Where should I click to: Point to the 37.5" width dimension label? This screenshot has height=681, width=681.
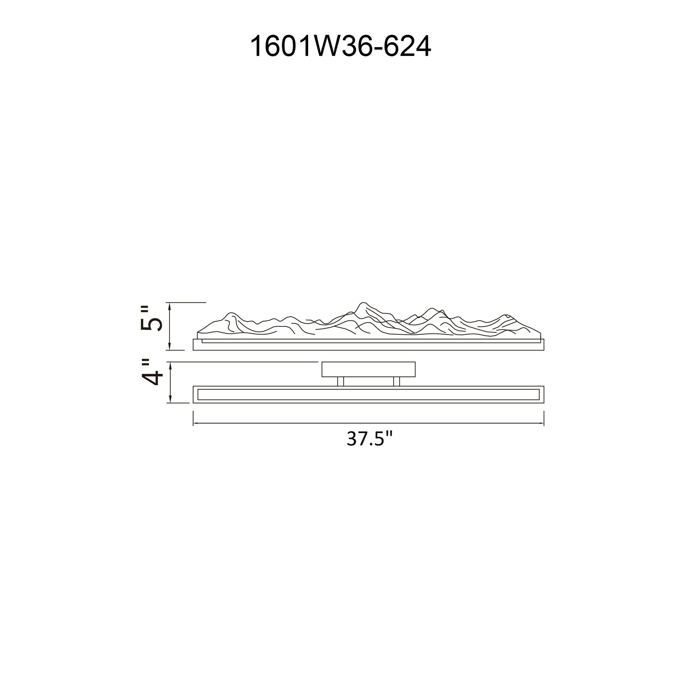point(369,439)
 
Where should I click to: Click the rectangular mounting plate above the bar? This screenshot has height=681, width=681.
point(368,369)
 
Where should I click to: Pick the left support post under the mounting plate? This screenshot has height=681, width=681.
point(340,381)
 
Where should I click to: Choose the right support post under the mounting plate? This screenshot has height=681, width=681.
point(397,381)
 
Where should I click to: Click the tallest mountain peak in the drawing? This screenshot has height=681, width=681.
point(362,303)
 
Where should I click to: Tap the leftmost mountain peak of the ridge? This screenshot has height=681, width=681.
point(231,313)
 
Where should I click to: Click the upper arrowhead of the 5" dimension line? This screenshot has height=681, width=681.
point(170,305)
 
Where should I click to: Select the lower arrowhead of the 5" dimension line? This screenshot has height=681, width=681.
point(170,347)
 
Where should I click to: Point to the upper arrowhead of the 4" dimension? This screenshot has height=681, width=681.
point(171,365)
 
